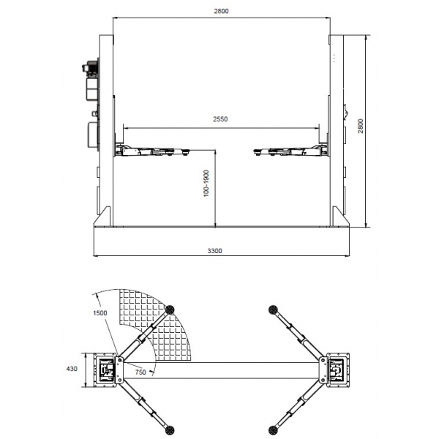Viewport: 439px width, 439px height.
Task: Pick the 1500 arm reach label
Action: tap(101, 312)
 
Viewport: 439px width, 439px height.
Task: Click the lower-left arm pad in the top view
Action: tap(170, 429)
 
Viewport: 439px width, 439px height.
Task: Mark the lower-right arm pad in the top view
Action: tap(274, 429)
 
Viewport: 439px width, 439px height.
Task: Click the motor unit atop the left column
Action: tap(91, 69)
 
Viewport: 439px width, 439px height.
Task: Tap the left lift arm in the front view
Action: tap(154, 151)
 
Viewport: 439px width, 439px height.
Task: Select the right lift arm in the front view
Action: tap(289, 151)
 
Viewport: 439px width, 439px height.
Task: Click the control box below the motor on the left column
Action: tap(93, 134)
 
